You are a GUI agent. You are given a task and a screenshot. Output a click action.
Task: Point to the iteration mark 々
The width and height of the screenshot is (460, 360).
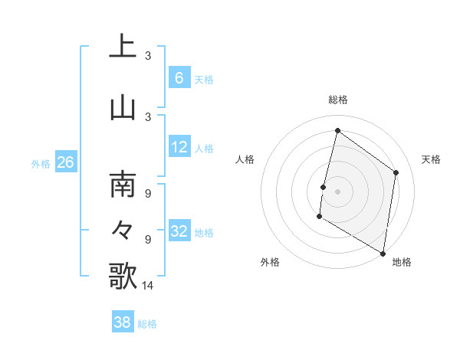pyautogui.click(x=123, y=229)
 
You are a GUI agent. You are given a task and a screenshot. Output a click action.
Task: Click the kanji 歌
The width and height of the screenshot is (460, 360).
pyautogui.click(x=123, y=275)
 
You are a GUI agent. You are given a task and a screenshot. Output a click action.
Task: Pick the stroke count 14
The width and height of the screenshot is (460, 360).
pyautogui.click(x=149, y=286)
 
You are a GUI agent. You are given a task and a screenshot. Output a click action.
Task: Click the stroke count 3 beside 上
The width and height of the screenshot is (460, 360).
pyautogui.click(x=148, y=56)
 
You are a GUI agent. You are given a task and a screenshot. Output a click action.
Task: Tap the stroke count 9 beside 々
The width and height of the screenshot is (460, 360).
pyautogui.click(x=148, y=239)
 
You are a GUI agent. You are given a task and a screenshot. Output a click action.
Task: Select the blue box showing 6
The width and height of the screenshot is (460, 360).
pyautogui.click(x=179, y=77)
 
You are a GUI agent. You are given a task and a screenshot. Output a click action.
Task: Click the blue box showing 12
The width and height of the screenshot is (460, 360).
pyautogui.click(x=179, y=147)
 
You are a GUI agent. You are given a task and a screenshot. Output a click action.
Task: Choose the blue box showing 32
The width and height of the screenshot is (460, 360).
pyautogui.click(x=179, y=231)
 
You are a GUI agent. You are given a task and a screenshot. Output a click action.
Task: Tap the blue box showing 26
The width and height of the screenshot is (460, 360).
pyautogui.click(x=66, y=162)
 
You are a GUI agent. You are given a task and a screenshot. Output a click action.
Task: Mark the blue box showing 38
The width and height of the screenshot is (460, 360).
pyautogui.click(x=123, y=322)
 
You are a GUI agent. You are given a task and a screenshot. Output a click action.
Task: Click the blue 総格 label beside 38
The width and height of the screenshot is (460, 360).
pyautogui.click(x=147, y=324)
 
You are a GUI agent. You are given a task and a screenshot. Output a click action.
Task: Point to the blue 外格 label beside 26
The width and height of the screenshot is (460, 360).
pyautogui.click(x=41, y=164)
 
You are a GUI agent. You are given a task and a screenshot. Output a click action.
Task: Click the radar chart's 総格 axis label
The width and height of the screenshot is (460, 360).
pyautogui.click(x=338, y=100)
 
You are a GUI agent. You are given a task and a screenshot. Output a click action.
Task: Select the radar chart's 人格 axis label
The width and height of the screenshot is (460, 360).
pyautogui.click(x=245, y=159)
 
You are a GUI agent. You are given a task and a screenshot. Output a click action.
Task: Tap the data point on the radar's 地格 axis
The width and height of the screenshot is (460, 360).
pyautogui.click(x=383, y=253)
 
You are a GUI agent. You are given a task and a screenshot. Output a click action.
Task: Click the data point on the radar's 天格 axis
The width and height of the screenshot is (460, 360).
pyautogui.click(x=396, y=172)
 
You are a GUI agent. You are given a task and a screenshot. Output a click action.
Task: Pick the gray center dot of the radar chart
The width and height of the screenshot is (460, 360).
pyautogui.click(x=337, y=191)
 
